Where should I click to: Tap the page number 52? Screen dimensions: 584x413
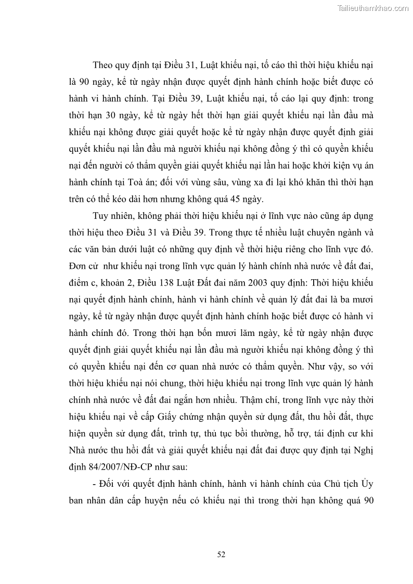[221, 554]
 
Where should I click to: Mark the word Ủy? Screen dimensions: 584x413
[366, 483]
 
